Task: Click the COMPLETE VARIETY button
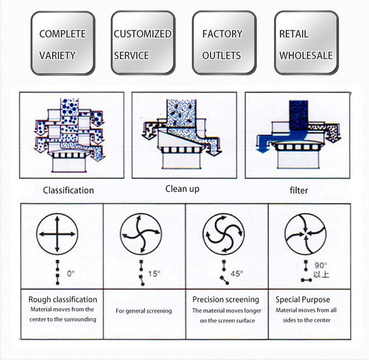pyautogui.click(x=62, y=44)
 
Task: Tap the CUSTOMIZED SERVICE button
pyautogui.click(x=143, y=44)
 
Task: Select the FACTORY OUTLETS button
pyautogui.click(x=223, y=44)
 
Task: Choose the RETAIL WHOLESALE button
pyautogui.click(x=306, y=44)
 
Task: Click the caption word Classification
pyautogui.click(x=68, y=190)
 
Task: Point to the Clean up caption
pyautogui.click(x=183, y=189)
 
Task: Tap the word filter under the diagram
pyautogui.click(x=299, y=190)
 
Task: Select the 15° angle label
pyautogui.click(x=154, y=273)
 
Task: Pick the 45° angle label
pyautogui.click(x=237, y=273)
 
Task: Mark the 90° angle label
pyautogui.click(x=321, y=266)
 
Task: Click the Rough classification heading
pyautogui.click(x=62, y=299)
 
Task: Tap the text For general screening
pyautogui.click(x=144, y=311)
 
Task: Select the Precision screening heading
pyautogui.click(x=226, y=299)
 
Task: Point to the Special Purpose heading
pyautogui.click(x=303, y=299)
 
